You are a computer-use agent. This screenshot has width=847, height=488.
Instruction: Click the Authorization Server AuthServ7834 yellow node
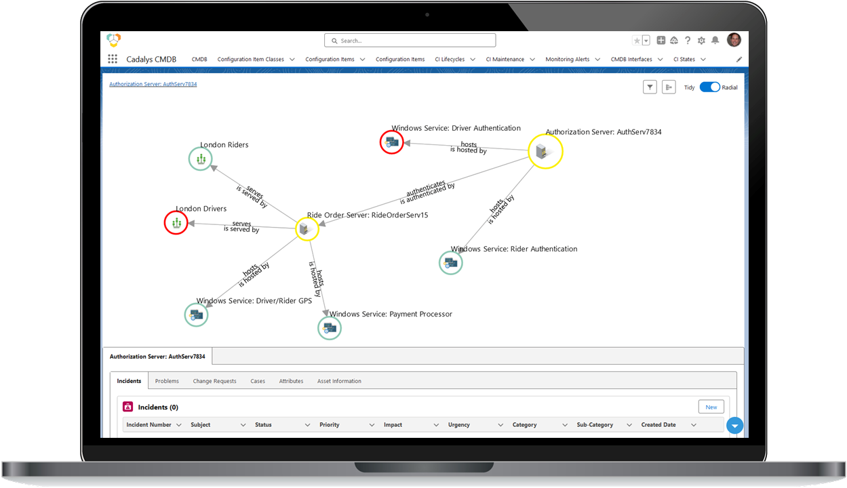(545, 151)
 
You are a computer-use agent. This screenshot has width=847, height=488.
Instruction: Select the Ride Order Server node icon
(307, 229)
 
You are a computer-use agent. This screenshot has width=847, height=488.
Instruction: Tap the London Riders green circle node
(200, 159)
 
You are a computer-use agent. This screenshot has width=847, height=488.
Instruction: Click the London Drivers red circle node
(176, 222)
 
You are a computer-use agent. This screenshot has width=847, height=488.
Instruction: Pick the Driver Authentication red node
(391, 142)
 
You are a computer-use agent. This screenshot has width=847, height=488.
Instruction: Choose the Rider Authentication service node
(450, 262)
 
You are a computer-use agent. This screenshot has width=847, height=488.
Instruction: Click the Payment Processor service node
(330, 328)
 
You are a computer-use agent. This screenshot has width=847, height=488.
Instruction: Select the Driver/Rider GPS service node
(196, 314)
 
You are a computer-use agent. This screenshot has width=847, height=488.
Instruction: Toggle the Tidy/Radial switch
(709, 87)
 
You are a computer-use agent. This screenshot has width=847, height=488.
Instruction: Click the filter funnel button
(650, 87)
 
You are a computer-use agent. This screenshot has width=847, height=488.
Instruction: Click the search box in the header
(410, 41)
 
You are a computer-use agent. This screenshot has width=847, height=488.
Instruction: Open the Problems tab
(167, 381)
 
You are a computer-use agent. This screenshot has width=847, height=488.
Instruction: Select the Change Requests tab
(214, 381)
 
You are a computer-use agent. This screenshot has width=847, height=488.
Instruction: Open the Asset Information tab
(339, 381)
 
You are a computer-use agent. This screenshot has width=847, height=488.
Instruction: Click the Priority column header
(330, 425)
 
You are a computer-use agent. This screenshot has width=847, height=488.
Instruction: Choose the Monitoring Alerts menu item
(569, 60)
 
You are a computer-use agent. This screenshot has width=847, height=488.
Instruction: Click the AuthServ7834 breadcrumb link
(153, 84)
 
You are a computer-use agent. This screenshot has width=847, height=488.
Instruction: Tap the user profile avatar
(733, 40)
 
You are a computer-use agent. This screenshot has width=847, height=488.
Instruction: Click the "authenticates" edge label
(426, 184)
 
